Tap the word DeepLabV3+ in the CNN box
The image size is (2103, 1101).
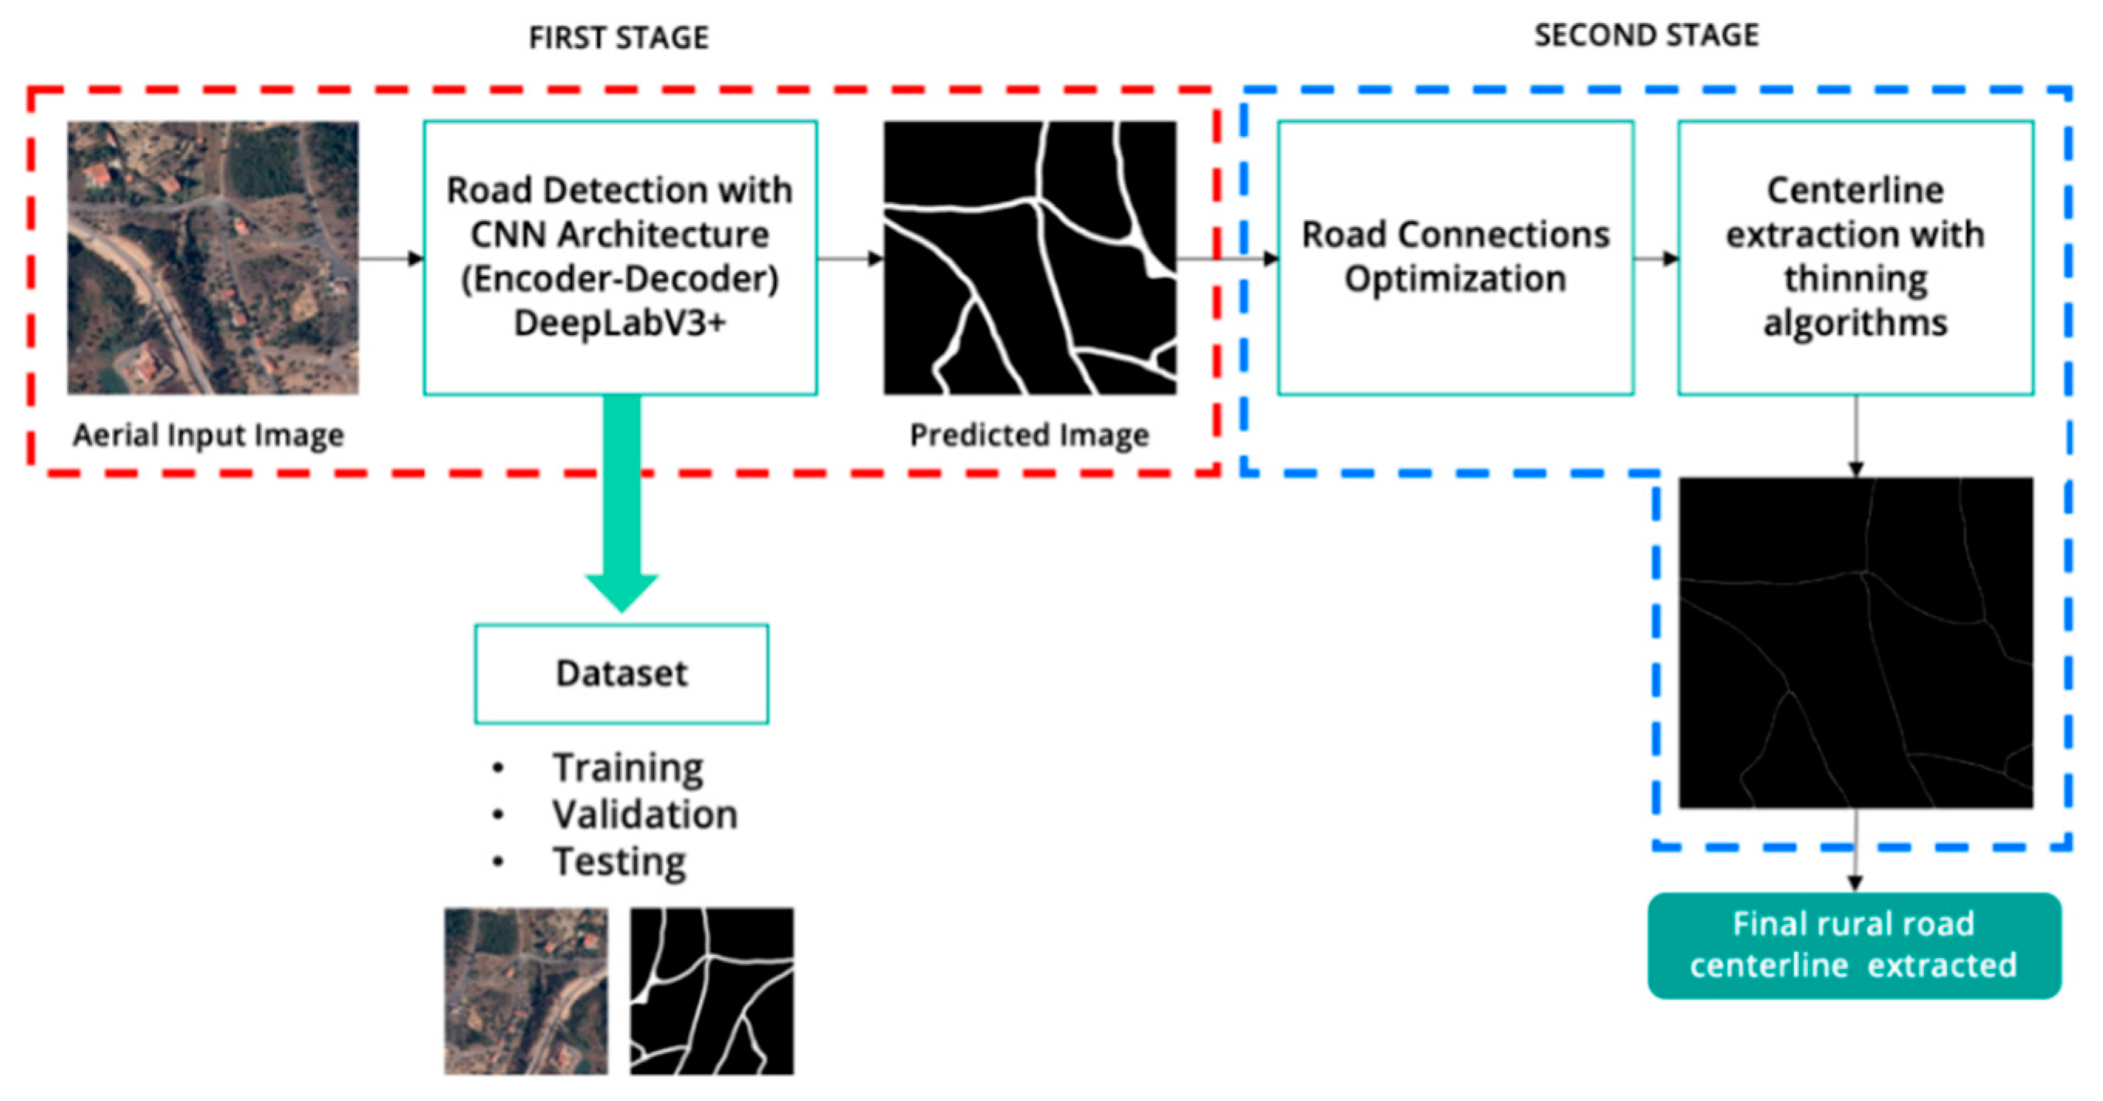point(619,324)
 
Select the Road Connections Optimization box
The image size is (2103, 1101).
point(1454,257)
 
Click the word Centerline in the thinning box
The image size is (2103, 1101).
point(1855,190)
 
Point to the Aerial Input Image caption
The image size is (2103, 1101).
point(208,435)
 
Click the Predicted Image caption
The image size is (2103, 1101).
point(1028,435)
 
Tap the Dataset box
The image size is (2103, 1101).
point(621,673)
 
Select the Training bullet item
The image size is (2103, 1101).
point(627,767)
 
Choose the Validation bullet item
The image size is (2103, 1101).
point(644,815)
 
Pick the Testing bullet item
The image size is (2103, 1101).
point(619,862)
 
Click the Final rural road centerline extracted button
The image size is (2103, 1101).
point(1854,945)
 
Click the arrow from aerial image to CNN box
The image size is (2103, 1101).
point(390,259)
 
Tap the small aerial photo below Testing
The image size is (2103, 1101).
point(526,991)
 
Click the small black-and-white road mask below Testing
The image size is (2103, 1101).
point(711,991)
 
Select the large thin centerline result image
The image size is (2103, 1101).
point(1855,643)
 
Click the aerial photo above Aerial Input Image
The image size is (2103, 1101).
point(212,257)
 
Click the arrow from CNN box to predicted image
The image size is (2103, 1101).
point(850,259)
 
